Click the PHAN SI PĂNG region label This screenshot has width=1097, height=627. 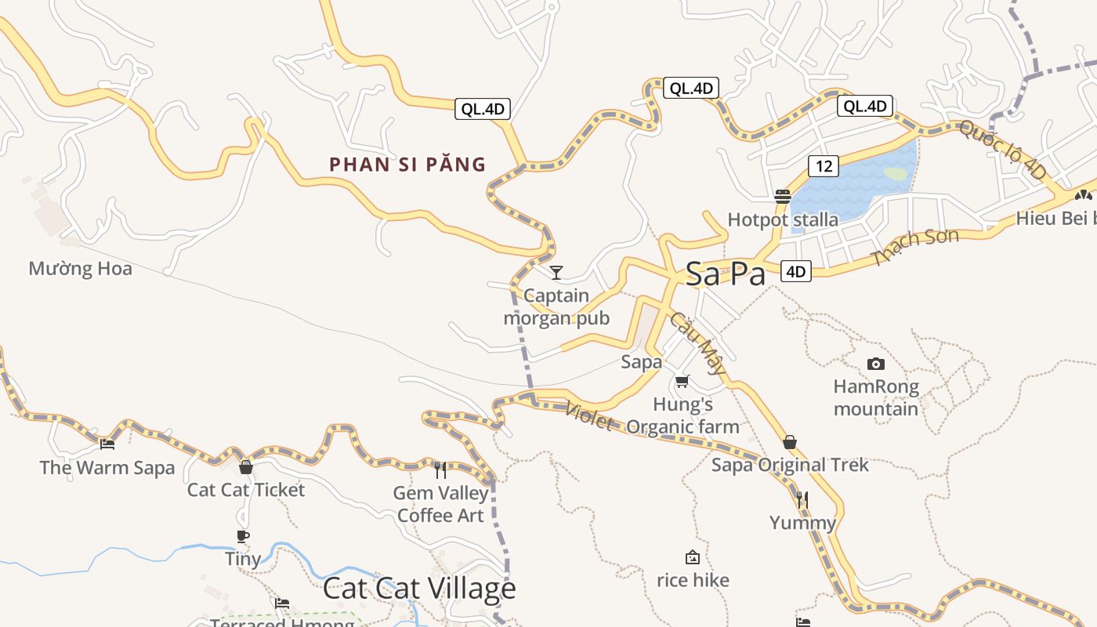point(407,165)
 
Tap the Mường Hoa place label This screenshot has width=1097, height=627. point(80,269)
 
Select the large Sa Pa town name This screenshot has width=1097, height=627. point(725,274)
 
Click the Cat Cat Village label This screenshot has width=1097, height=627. point(419,589)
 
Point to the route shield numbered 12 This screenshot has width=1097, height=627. point(823,166)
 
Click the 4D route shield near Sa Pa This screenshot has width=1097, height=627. point(795,272)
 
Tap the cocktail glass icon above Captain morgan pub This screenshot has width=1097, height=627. point(556,273)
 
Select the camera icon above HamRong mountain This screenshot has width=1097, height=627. point(876,364)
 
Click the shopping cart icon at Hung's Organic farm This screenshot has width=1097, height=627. point(682,382)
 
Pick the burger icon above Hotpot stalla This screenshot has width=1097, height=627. point(782,196)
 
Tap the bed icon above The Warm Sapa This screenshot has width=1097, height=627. point(107,444)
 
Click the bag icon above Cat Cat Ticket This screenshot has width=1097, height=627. point(246,467)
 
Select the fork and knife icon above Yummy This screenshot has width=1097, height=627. point(802,499)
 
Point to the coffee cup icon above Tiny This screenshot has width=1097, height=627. point(243,536)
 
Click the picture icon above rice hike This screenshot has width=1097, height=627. point(692,557)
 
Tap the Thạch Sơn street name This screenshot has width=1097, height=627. point(915,248)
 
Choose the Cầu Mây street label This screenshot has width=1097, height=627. point(696,342)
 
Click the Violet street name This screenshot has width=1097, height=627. point(588,416)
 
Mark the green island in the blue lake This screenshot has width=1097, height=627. point(896,173)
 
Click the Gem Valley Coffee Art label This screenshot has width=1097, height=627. point(440,504)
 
